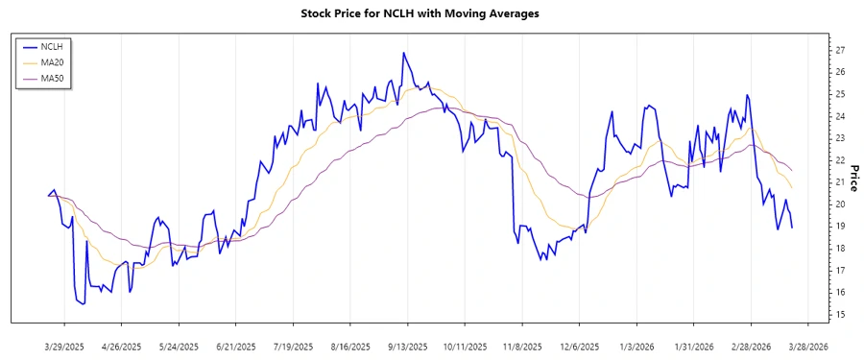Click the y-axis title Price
click(x=853, y=179)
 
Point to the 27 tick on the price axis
click(x=839, y=50)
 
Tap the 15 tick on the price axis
click(x=839, y=315)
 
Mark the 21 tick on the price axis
click(x=839, y=182)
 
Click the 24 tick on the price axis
click(x=839, y=116)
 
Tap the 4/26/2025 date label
click(x=123, y=346)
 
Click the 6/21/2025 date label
click(x=235, y=346)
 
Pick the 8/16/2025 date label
click(x=349, y=346)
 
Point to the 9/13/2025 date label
click(x=406, y=346)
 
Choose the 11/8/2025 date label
click(x=520, y=346)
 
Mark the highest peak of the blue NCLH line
click(x=403, y=53)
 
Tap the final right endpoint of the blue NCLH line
click(x=792, y=228)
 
